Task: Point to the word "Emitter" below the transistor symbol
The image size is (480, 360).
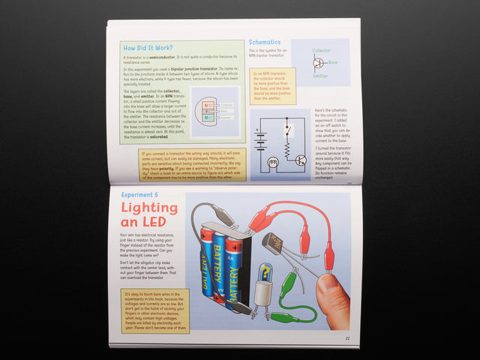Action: pyautogui.click(x=320, y=75)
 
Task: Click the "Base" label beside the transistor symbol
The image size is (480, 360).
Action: pyautogui.click(x=334, y=62)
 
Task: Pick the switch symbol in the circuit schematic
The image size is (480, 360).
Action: pyautogui.click(x=287, y=128)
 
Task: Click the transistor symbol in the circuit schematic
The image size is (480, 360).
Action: pyautogui.click(x=299, y=160)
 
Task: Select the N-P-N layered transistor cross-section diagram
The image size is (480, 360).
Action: pyautogui.click(x=208, y=112)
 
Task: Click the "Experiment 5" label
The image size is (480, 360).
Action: pyautogui.click(x=139, y=193)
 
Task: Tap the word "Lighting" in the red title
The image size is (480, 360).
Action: pyautogui.click(x=149, y=207)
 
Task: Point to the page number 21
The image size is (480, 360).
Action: pyautogui.click(x=347, y=337)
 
